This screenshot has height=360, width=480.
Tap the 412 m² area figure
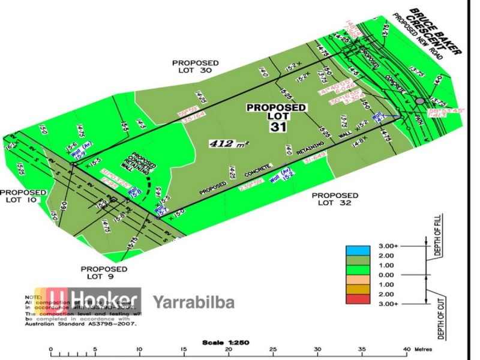click(x=229, y=143)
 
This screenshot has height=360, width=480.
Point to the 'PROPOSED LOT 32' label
click(x=335, y=199)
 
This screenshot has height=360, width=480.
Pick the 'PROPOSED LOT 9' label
click(x=103, y=272)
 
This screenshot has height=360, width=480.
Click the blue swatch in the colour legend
click(x=357, y=247)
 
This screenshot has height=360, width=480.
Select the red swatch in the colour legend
click(x=357, y=304)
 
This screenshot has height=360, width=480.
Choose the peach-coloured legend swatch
click(x=357, y=285)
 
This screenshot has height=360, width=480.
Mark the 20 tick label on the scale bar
click(x=229, y=349)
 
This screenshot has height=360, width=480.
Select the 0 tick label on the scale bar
click(x=51, y=349)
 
